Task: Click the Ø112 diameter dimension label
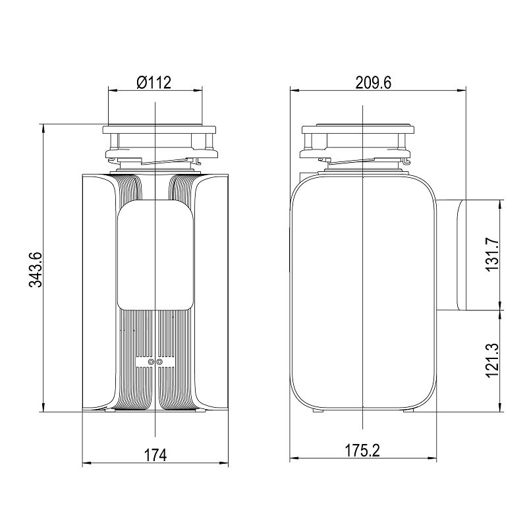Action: [x=154, y=83]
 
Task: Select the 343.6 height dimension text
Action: [x=36, y=269]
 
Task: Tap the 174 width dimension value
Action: [x=155, y=455]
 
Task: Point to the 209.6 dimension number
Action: [x=374, y=83]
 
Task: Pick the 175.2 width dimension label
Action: [x=362, y=451]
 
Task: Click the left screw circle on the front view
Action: [x=151, y=362]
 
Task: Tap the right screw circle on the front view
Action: [x=159, y=362]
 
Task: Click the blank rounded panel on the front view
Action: [x=155, y=255]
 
